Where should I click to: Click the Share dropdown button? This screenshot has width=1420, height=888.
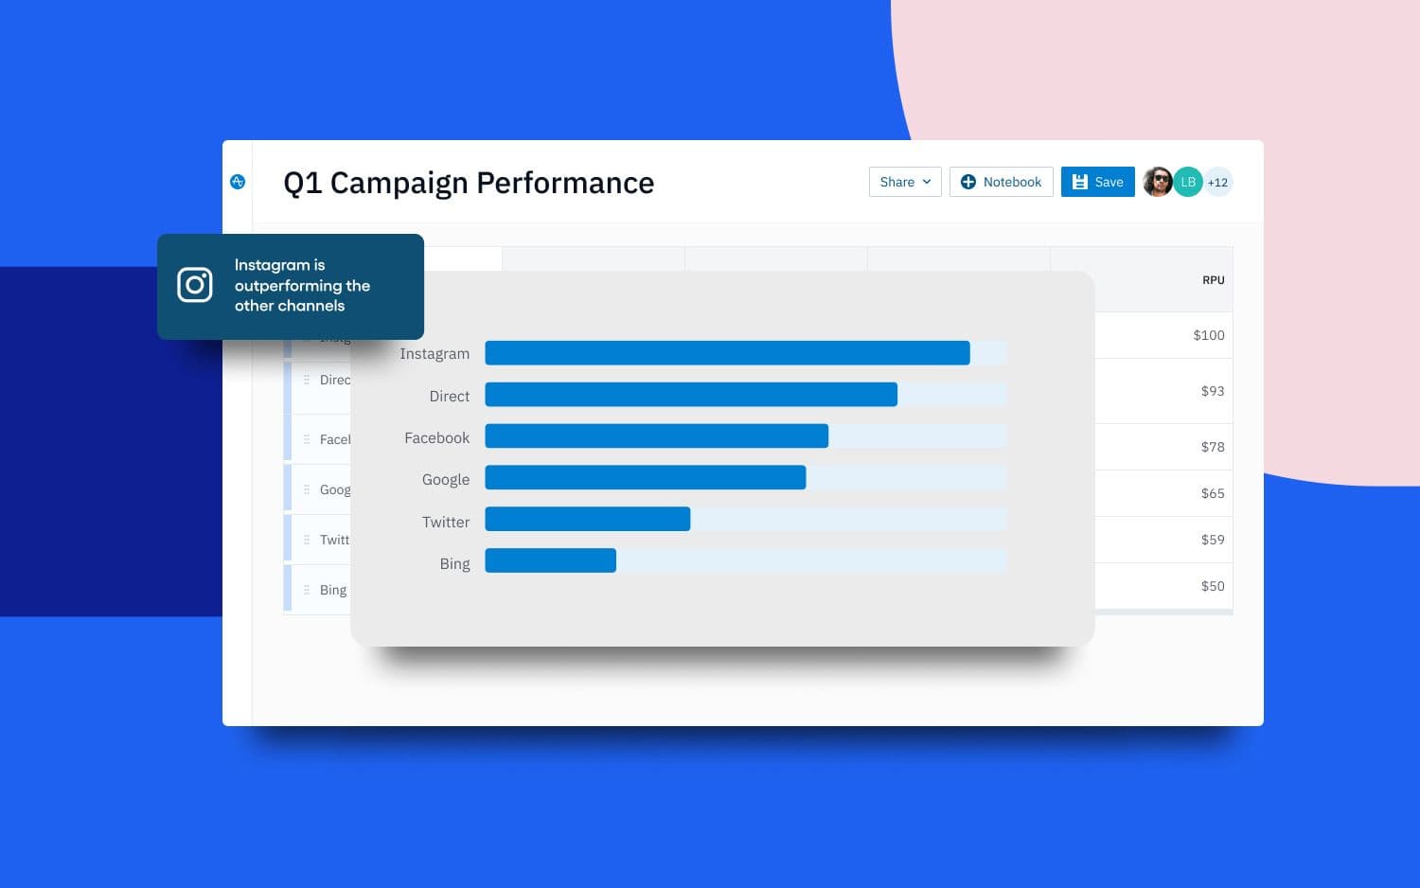(904, 182)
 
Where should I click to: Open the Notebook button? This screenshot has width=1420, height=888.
(1001, 182)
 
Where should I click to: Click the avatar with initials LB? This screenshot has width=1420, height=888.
(1188, 182)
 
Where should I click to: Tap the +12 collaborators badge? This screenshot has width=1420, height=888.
(1217, 183)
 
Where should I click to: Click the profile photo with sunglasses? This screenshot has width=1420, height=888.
(1157, 182)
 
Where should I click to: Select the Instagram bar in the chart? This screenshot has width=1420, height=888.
(727, 353)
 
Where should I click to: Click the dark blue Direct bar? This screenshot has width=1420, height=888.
(691, 395)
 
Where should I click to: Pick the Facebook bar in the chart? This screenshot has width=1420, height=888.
(656, 436)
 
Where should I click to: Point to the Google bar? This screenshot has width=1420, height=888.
(645, 478)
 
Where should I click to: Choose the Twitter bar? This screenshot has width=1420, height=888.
(587, 520)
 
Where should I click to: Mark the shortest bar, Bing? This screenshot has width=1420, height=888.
(550, 561)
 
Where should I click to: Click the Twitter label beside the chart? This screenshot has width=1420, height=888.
(446, 522)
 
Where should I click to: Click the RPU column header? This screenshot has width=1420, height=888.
(1213, 280)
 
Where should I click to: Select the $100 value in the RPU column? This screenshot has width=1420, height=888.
(1208, 335)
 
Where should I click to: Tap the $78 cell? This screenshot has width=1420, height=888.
(1212, 447)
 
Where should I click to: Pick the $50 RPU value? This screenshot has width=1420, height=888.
(1212, 586)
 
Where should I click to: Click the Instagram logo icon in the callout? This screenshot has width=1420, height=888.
(195, 285)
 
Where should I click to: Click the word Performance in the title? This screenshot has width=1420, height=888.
(565, 183)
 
